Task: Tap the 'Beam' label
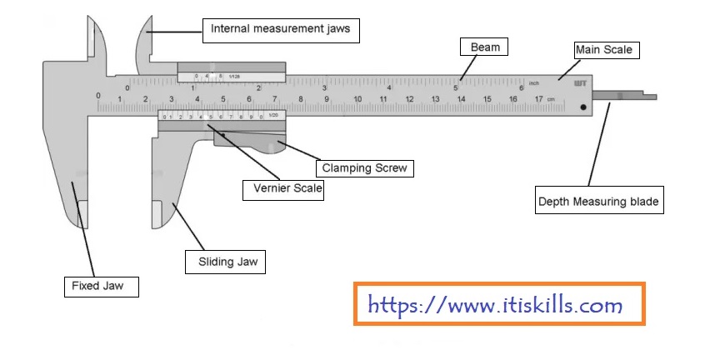[x=485, y=47]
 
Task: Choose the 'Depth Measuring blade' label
[x=599, y=202]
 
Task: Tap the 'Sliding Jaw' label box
[x=226, y=262]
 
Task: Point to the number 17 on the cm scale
[x=538, y=100]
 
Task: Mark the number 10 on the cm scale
[x=357, y=100]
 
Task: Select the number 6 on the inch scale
[x=521, y=87]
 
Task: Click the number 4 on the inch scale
[x=390, y=87]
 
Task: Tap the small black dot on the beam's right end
[x=583, y=107]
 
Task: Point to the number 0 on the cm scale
[x=98, y=96]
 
